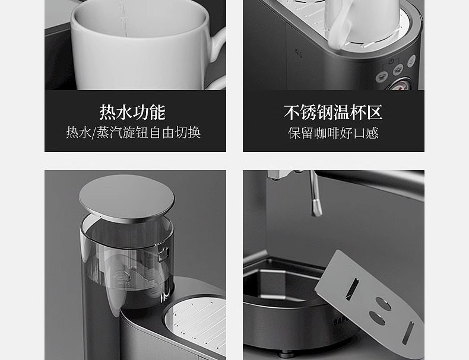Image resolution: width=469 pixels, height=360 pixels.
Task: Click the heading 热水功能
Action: pos(132,112)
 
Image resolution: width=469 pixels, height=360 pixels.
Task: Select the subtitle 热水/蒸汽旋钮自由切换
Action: pos(133,133)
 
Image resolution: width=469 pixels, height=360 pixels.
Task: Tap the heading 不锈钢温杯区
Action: pos(333,112)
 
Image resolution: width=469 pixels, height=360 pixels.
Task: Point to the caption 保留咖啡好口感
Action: pos(334,133)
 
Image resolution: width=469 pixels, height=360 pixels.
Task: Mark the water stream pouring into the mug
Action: pos(123,18)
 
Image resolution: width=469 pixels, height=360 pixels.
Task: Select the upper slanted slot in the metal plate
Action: pos(351,289)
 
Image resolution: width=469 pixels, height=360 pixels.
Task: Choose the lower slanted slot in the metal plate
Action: pos(408,333)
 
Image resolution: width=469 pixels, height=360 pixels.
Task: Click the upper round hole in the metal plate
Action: pos(383,304)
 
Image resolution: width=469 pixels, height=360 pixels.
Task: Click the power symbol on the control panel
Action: pos(391,62)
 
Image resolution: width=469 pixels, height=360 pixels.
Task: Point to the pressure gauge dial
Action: pos(400,85)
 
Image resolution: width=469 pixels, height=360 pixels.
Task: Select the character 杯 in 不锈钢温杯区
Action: pos(358,112)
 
